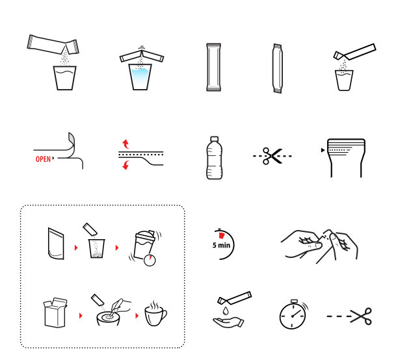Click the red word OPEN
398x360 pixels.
pos(43,159)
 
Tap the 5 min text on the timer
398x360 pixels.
pos(221,245)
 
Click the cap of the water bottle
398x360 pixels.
pos(215,139)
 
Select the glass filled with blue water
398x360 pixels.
pos(140,77)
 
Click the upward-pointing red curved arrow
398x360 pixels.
pos(126,144)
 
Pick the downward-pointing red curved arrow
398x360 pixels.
pos(126,165)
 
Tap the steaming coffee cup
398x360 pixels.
pos(155,313)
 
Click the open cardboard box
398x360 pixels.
pos(55,313)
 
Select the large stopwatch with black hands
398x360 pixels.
pos(293,315)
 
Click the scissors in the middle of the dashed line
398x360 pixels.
pos(272,156)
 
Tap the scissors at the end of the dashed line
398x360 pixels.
pos(361,316)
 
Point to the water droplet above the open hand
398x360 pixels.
pos(226,311)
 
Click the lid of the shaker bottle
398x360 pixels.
pos(145,235)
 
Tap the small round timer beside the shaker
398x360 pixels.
pos(150,261)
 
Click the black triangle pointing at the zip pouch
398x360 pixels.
pos(323,150)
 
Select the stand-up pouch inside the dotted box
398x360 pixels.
pos(55,244)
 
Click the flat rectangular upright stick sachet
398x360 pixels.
pos(213,67)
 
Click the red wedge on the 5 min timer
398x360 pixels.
pos(222,235)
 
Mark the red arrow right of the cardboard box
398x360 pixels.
pos(81,316)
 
